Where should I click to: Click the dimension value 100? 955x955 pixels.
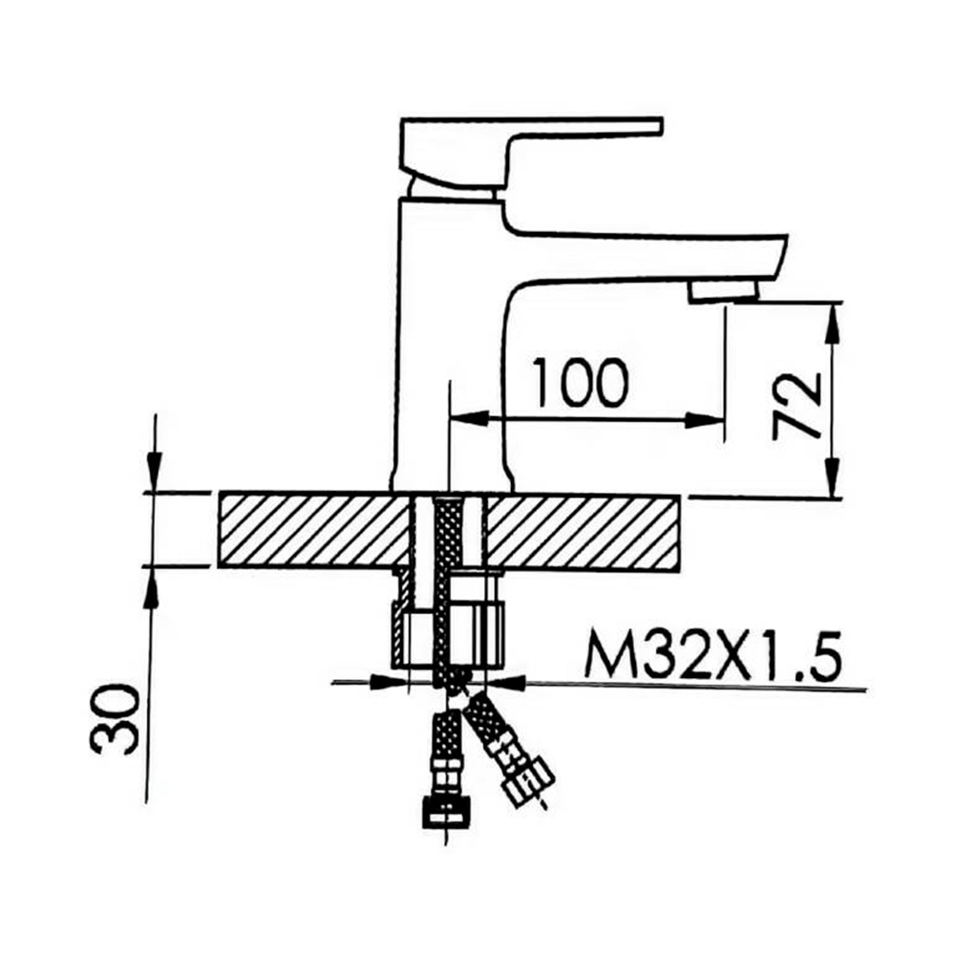(x=580, y=383)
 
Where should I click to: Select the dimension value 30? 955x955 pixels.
(x=116, y=718)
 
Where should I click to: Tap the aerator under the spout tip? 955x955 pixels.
(x=723, y=291)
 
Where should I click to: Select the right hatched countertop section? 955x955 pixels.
(x=583, y=530)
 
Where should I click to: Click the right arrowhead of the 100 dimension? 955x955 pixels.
(x=711, y=418)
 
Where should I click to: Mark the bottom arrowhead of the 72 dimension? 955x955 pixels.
(x=834, y=483)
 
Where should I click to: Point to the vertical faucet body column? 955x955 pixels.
(x=449, y=344)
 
